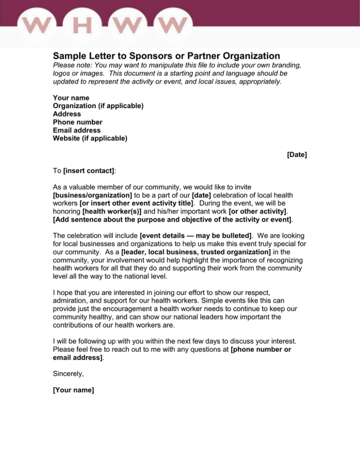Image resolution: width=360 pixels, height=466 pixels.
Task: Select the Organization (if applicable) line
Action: click(x=98, y=106)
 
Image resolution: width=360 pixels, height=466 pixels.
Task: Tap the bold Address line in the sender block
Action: click(x=67, y=114)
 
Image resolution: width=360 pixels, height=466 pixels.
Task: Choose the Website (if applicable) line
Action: click(x=90, y=138)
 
